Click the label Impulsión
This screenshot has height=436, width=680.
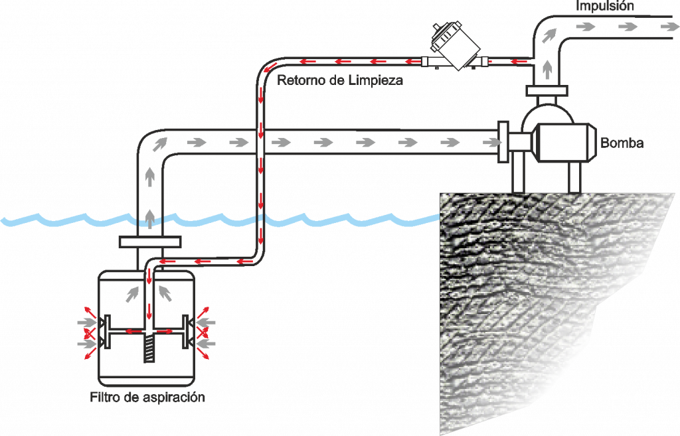[605, 7]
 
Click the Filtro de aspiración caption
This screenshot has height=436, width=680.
[147, 398]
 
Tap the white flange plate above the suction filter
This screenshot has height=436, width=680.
[150, 242]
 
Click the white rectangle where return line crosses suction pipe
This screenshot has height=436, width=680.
[260, 143]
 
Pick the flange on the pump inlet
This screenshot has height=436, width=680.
[502, 141]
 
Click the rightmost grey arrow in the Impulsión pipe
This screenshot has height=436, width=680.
[665, 26]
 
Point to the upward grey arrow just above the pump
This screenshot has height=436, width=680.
[547, 66]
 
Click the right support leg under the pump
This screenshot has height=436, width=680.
[574, 177]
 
